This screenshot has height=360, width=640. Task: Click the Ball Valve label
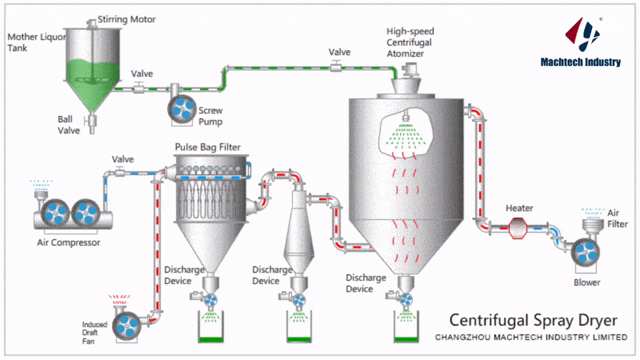(x=68, y=125)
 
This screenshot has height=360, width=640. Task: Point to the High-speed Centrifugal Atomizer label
(x=409, y=42)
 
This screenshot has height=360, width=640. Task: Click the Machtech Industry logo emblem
(x=581, y=35)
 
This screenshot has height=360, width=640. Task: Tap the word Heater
(x=519, y=208)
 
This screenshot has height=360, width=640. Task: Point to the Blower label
(x=587, y=282)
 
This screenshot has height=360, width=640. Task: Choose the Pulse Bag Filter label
(x=207, y=147)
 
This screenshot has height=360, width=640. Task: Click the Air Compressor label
(x=68, y=243)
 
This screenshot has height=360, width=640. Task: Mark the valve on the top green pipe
(x=337, y=65)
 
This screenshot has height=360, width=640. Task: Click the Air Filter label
(x=617, y=218)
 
